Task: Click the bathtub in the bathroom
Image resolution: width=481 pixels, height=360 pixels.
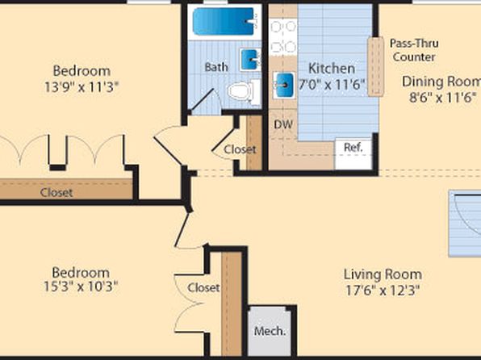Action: click(224, 22)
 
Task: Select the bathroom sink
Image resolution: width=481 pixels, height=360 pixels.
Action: click(249, 60)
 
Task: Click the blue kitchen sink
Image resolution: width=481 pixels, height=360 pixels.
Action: click(283, 85)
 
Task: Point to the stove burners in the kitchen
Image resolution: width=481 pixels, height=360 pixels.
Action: click(283, 37)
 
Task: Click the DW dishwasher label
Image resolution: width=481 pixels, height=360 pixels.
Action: click(282, 124)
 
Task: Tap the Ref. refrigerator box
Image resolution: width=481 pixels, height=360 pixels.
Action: click(353, 153)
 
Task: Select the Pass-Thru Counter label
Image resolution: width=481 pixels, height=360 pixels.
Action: click(414, 50)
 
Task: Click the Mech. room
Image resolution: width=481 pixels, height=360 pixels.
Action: click(270, 331)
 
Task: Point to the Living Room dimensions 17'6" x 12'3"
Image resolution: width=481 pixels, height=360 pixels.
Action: click(383, 290)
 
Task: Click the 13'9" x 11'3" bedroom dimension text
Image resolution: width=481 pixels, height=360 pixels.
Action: click(82, 87)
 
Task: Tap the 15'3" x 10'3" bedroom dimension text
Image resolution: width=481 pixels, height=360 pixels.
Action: click(81, 287)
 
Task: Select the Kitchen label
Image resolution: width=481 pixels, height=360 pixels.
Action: click(332, 68)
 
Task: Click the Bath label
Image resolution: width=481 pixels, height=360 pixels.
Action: click(216, 67)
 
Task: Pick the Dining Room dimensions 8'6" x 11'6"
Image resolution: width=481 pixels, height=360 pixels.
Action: click(443, 98)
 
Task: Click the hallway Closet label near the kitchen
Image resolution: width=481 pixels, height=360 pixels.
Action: click(240, 149)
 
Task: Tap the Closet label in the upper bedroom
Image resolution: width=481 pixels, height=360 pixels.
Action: click(56, 193)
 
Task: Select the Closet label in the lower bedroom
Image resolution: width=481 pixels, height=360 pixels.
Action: click(203, 287)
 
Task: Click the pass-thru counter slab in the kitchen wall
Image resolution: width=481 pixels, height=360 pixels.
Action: click(376, 67)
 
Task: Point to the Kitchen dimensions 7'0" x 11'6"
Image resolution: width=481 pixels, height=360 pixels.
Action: click(333, 85)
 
